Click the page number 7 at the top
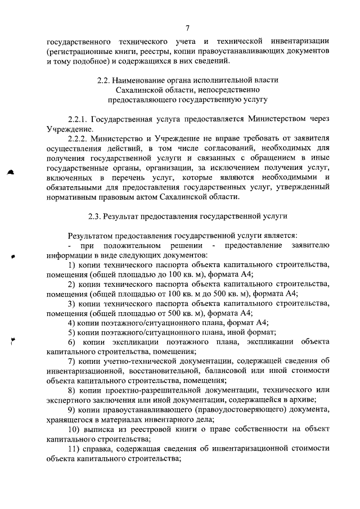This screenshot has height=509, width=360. [x=188, y=29]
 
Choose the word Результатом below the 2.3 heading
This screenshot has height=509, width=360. [x=93, y=236]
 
